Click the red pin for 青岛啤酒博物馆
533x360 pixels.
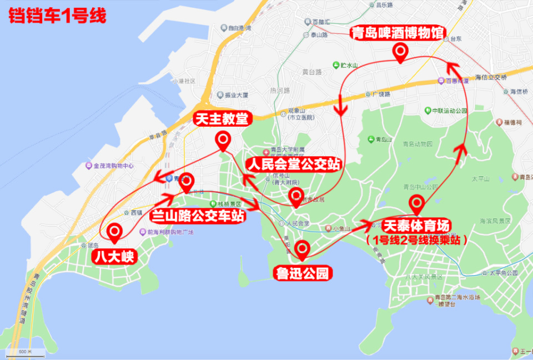tap(400, 52)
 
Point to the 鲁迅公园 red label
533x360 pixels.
tap(303, 273)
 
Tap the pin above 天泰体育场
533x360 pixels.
tap(416, 204)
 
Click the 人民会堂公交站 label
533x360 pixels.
tap(294, 164)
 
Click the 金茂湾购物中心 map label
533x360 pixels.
tap(110, 166)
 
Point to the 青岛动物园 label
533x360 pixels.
tap(418, 143)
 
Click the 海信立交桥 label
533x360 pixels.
tap(491, 77)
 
